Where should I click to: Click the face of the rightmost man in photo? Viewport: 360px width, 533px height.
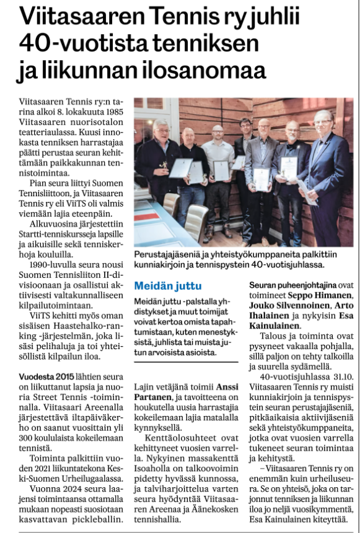point(323,121)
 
